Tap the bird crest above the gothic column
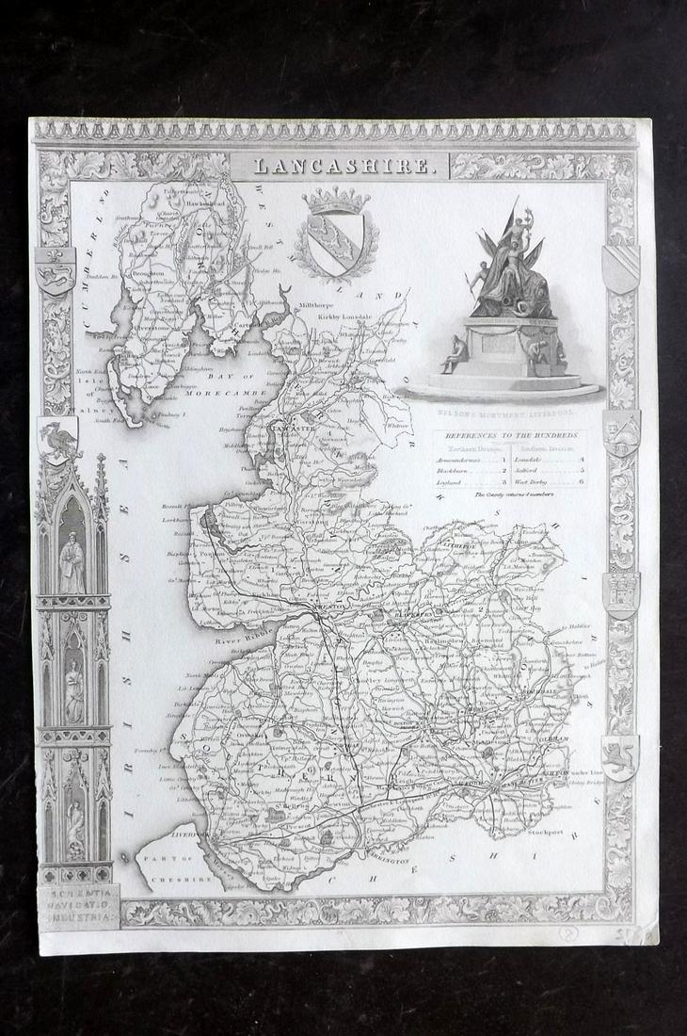(57, 439)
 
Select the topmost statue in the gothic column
(72, 560)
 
